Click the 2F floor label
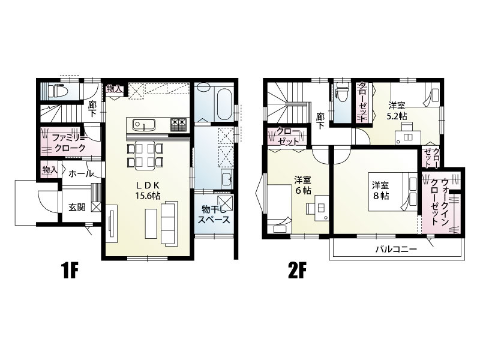tap(297, 271)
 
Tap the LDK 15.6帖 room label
tap(147, 190)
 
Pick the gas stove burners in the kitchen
tap(178, 125)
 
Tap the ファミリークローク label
tap(68, 143)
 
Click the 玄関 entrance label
tap(77, 207)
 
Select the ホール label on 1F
tap(81, 174)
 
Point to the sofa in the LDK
tap(169, 223)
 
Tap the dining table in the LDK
tap(145, 155)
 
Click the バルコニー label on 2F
tap(396, 249)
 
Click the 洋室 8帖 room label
tap(380, 190)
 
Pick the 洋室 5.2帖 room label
tap(398, 111)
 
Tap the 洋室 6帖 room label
tap(303, 185)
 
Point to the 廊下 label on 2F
tap(320, 121)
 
